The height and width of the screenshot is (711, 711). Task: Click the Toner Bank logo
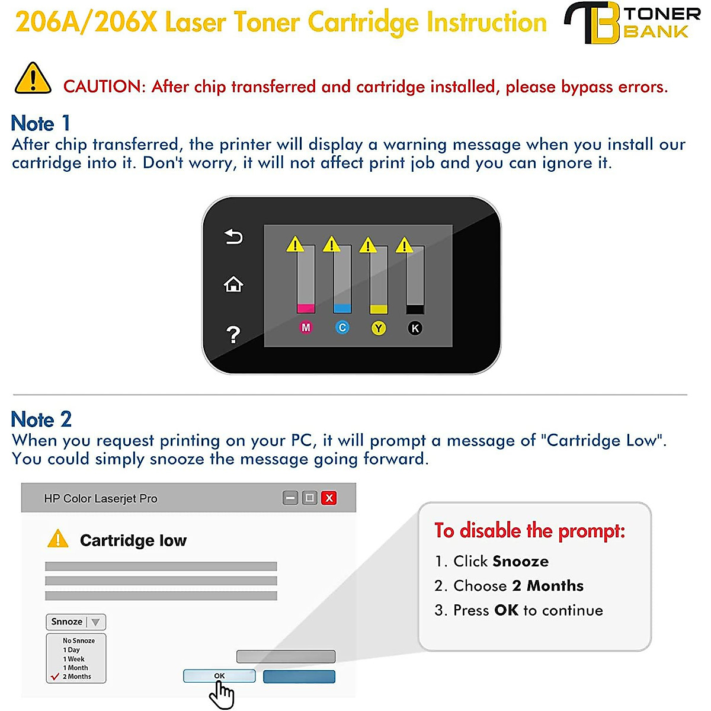[x=632, y=23]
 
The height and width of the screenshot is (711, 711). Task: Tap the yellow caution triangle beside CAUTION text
[x=33, y=79]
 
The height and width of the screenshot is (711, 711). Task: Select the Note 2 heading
[x=41, y=419]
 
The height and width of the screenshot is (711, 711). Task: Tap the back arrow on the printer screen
[x=233, y=237]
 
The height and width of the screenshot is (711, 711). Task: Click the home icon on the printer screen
[x=233, y=285]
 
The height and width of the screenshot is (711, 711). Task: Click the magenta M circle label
[x=306, y=328]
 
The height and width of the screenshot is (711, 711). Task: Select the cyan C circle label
[x=342, y=328]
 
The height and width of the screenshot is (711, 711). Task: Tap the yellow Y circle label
[x=379, y=328]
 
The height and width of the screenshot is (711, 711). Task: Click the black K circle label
[x=415, y=328]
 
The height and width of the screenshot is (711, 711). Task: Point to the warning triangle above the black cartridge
[x=404, y=245]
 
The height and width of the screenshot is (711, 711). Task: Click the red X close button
[x=329, y=498]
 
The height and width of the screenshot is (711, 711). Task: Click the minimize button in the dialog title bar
[x=290, y=498]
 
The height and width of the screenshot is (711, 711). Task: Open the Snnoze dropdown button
[x=76, y=622]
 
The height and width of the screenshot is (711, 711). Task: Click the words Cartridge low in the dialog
[x=133, y=540]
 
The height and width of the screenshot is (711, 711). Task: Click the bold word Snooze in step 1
[x=522, y=561]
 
